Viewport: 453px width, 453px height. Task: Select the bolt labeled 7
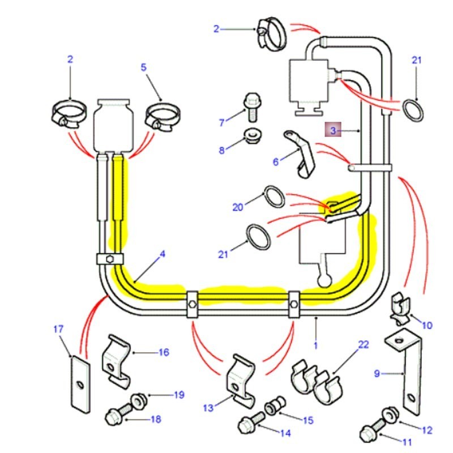pos(252,106)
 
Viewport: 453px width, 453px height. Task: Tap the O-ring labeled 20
pos(275,197)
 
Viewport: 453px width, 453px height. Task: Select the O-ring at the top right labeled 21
pos(413,110)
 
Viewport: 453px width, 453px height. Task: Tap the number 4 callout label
pos(163,254)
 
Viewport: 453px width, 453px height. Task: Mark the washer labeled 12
pos(390,415)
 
